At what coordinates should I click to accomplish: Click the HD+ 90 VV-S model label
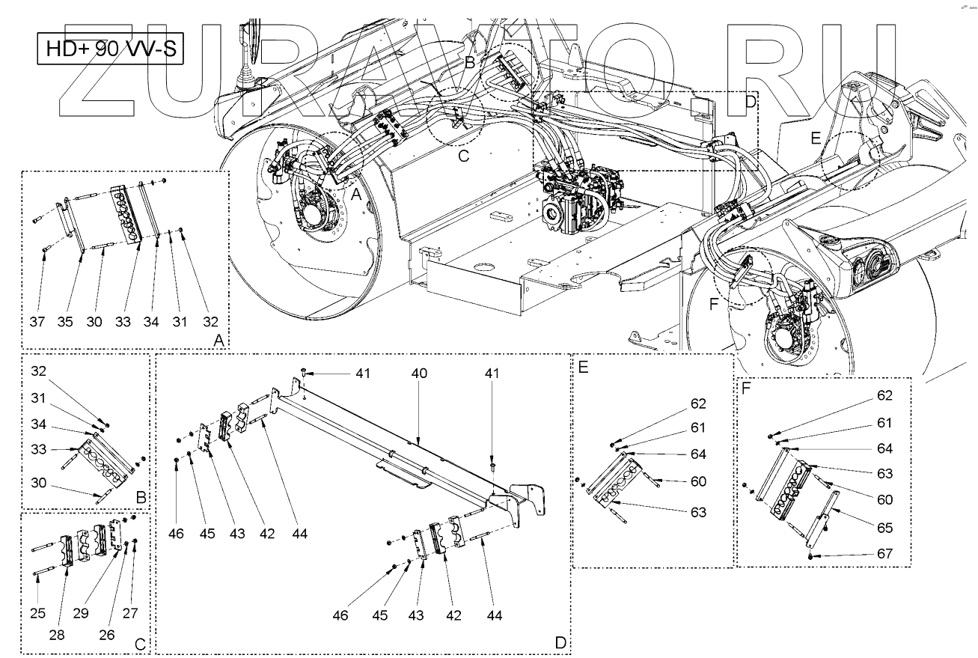pyautogui.click(x=110, y=49)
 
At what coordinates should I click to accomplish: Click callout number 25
pyautogui.click(x=37, y=614)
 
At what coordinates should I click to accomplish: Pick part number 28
pyautogui.click(x=57, y=635)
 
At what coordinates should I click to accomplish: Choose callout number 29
pyautogui.click(x=82, y=614)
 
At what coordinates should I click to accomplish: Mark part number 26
pyautogui.click(x=106, y=635)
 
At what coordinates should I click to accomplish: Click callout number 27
pyautogui.click(x=130, y=614)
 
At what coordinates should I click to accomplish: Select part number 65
pyautogui.click(x=885, y=528)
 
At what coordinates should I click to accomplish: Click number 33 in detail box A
pyautogui.click(x=123, y=321)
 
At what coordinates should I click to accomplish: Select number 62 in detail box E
pyautogui.click(x=698, y=403)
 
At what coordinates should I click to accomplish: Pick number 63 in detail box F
pyautogui.click(x=885, y=473)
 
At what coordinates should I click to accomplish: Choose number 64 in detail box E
pyautogui.click(x=698, y=454)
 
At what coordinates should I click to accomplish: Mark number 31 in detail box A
pyautogui.click(x=180, y=321)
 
